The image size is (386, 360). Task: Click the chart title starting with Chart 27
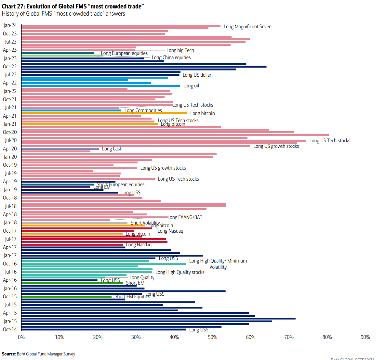[x=73, y=6]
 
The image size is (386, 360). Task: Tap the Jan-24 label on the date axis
[x=10, y=25]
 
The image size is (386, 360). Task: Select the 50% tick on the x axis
[x=212, y=337]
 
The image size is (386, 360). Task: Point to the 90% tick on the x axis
[x=365, y=337]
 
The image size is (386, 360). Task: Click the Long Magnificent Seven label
[x=247, y=27]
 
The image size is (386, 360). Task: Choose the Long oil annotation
[x=191, y=86]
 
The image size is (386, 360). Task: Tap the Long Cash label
[x=112, y=149]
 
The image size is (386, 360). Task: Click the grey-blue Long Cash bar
[x=60, y=149]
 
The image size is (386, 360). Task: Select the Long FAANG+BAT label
[x=185, y=217]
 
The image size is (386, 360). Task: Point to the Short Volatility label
[x=145, y=223]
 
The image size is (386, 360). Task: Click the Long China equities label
[x=171, y=58]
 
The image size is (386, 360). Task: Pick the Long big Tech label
[x=180, y=50]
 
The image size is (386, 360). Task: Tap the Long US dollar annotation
[x=197, y=75]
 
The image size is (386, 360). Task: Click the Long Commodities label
[x=143, y=110]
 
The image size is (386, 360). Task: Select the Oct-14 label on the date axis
[x=10, y=329]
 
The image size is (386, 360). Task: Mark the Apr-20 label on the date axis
[x=10, y=149]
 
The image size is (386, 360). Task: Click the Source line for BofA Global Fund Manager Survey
[x=38, y=354]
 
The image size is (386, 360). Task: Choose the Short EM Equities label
[x=132, y=297]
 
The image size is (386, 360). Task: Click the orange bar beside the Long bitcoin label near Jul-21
[x=104, y=113]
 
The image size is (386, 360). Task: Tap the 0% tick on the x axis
[x=21, y=337]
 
